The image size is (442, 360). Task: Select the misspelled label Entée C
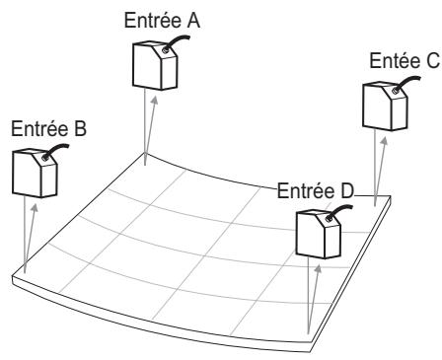point(403,61)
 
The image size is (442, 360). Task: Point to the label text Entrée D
point(315,189)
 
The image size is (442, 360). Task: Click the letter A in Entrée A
point(188,20)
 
